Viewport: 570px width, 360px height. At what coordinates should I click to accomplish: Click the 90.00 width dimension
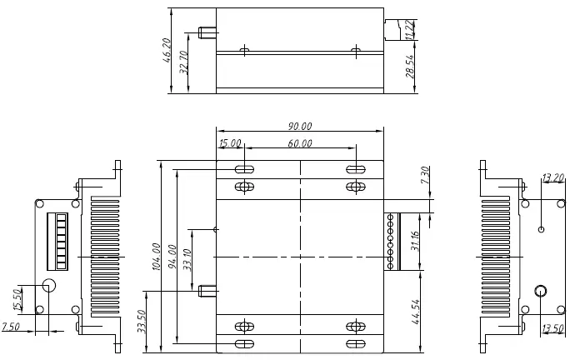click(x=300, y=127)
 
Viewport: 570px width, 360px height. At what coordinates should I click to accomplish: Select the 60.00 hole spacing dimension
click(x=300, y=143)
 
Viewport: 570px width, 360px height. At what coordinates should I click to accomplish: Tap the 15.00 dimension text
click(x=230, y=143)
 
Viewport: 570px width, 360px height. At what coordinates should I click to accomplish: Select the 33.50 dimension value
click(x=141, y=321)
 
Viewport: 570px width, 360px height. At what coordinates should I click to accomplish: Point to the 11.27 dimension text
click(x=408, y=29)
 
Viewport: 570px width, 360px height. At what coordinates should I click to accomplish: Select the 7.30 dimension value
click(x=425, y=176)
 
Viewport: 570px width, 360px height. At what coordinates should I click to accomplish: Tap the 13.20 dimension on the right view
click(x=552, y=177)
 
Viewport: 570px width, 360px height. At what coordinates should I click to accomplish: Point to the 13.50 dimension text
click(x=552, y=327)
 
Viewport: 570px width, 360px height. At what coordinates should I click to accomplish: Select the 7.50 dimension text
click(x=11, y=326)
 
